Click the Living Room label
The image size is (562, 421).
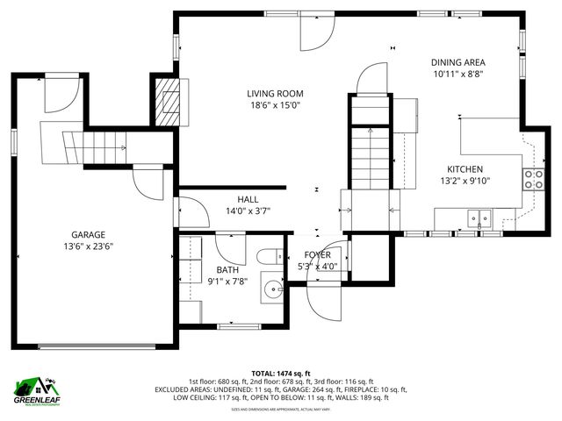coord(274,93)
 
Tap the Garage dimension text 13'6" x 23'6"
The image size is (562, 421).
coord(88,246)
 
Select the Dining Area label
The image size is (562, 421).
coord(458,62)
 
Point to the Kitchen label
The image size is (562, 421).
coord(465,169)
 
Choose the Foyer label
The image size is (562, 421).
coord(317,253)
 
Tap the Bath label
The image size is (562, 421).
coord(227,269)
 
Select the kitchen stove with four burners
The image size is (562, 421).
coord(532,180)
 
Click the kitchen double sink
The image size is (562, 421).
coord(479,218)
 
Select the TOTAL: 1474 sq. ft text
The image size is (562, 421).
coord(281,373)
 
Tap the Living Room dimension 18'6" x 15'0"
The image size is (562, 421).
coord(274,105)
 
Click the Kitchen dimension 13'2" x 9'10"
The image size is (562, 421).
coord(465,182)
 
